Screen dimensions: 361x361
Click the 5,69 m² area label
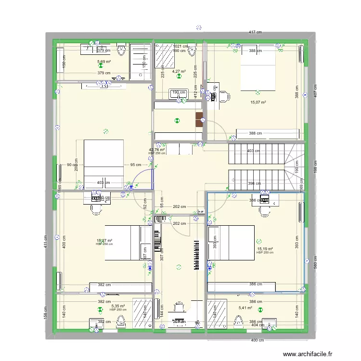click(x=104, y=62)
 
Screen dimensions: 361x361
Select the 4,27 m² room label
click(x=179, y=71)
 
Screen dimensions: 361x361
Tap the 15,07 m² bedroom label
click(x=258, y=102)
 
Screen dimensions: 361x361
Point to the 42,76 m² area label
click(x=157, y=150)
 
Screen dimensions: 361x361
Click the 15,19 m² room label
click(x=265, y=249)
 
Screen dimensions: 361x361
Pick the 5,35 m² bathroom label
click(x=118, y=306)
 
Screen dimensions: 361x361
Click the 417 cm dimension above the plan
click(x=255, y=32)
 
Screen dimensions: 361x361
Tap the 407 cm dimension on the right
click(x=315, y=90)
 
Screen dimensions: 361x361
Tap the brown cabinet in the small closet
click(x=199, y=119)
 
